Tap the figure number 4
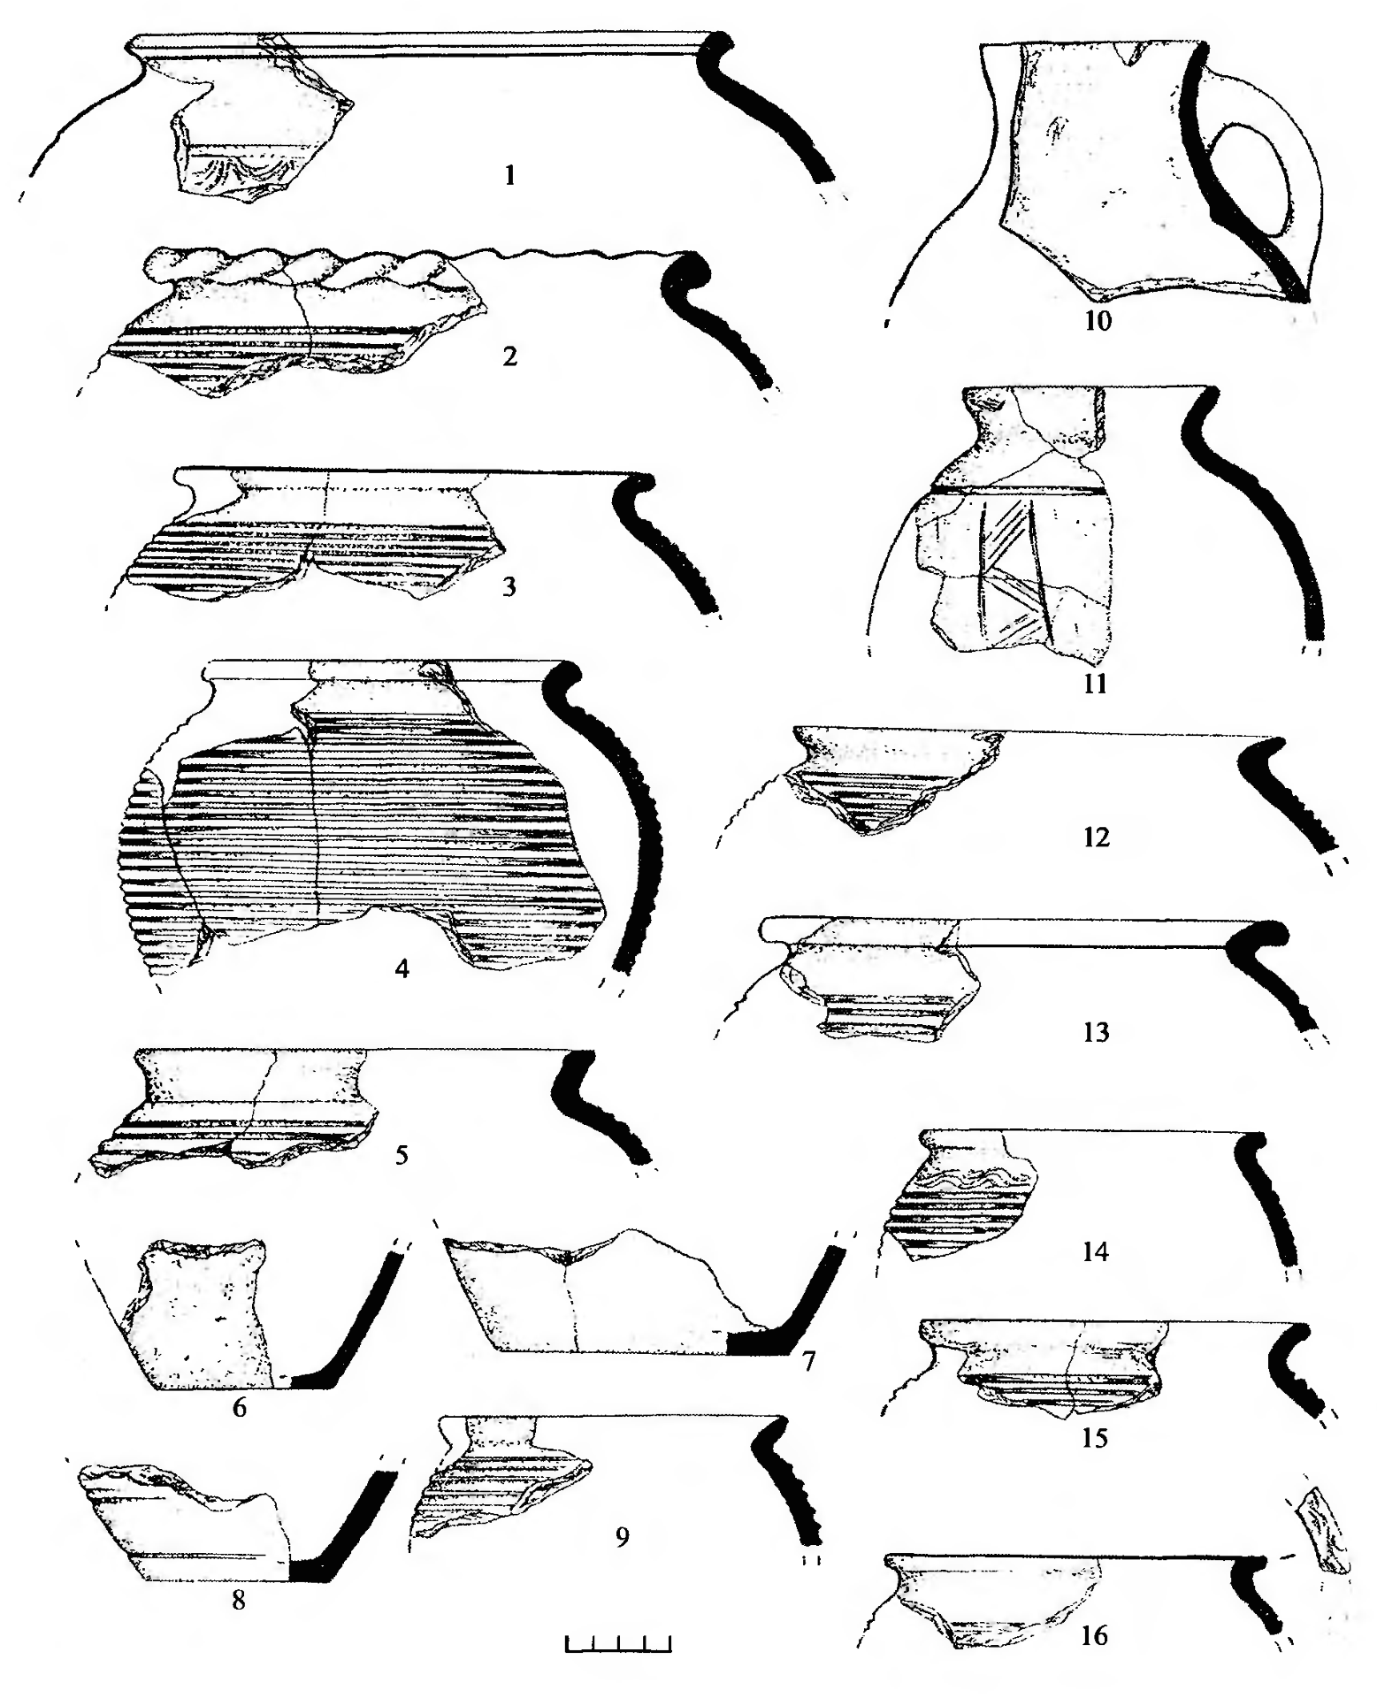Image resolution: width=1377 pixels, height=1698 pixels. (402, 969)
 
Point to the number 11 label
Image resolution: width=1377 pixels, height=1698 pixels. (1096, 684)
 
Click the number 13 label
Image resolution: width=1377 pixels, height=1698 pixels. (1096, 1031)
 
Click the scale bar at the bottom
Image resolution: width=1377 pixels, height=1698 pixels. (618, 1643)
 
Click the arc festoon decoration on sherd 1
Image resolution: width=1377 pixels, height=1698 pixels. (235, 168)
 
